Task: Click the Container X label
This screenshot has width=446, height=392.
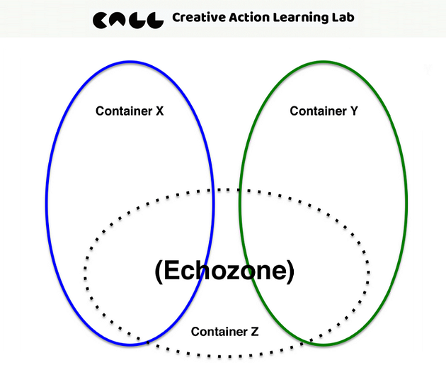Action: click(130, 111)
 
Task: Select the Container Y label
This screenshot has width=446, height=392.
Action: click(324, 111)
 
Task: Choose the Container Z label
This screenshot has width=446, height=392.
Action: click(225, 331)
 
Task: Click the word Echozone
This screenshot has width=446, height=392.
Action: click(224, 270)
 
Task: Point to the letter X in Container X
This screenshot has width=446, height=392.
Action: click(159, 111)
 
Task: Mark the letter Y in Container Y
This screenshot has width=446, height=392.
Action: click(354, 111)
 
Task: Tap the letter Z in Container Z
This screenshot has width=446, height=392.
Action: click(255, 331)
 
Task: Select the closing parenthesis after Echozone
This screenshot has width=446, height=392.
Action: click(289, 271)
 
